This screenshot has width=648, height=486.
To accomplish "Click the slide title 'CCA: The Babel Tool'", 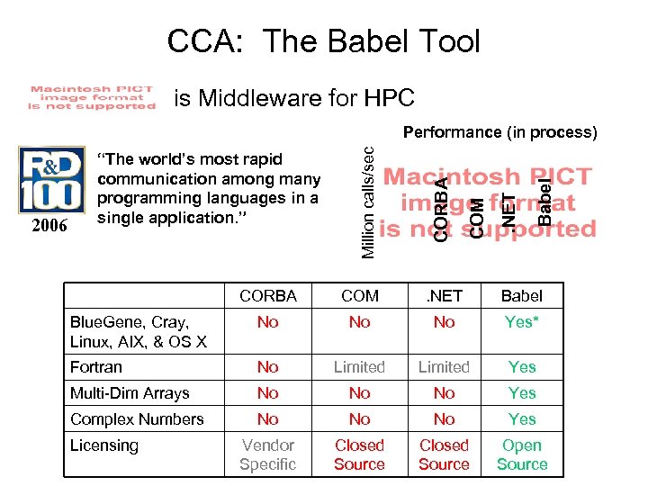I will tap(324, 41).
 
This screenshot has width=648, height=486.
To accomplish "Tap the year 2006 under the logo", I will tap(49, 225).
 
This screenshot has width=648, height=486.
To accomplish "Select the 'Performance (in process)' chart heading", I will tap(499, 132).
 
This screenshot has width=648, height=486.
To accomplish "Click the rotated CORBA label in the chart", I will tap(441, 208).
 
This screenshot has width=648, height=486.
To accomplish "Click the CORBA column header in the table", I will tap(267, 295).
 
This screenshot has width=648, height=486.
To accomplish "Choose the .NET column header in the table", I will tap(444, 295).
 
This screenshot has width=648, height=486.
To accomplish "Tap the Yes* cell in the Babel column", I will tap(521, 322).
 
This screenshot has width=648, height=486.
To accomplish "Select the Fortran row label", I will tap(96, 367).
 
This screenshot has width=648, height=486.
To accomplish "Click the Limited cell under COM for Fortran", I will tap(359, 367).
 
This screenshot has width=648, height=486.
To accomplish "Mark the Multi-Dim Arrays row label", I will tap(130, 393).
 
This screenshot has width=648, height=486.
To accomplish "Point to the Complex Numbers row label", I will tap(137, 419).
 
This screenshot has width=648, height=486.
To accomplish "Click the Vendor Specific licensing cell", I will tap(267, 454).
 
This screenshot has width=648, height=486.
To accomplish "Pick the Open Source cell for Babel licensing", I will tap(522, 454).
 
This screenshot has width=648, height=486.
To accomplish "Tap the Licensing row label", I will tap(104, 445).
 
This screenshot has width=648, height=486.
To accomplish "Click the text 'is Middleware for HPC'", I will tap(294, 97).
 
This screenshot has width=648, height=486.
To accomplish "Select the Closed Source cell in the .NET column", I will tap(444, 454).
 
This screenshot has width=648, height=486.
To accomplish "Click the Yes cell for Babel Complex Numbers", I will tap(522, 419).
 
